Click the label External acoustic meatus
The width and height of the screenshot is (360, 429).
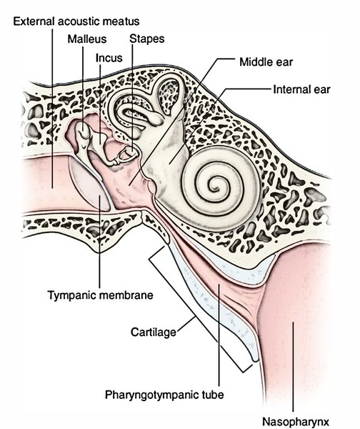[76, 21]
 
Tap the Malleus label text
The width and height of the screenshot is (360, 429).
[87, 39]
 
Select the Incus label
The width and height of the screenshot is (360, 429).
[109, 58]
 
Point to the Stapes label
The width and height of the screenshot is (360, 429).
[147, 39]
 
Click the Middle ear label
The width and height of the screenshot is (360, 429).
[266, 62]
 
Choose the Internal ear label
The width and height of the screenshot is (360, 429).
[301, 89]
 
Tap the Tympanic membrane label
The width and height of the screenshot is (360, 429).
[100, 295]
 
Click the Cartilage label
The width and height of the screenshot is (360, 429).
[154, 332]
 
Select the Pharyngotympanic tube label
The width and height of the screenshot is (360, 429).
[164, 395]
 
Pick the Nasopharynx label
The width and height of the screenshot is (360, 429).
[296, 422]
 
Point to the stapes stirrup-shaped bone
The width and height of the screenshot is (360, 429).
[126, 154]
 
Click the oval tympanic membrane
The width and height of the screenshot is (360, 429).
[90, 184]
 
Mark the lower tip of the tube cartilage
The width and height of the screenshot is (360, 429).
[255, 360]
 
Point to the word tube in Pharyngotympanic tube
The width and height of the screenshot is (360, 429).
[213, 395]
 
